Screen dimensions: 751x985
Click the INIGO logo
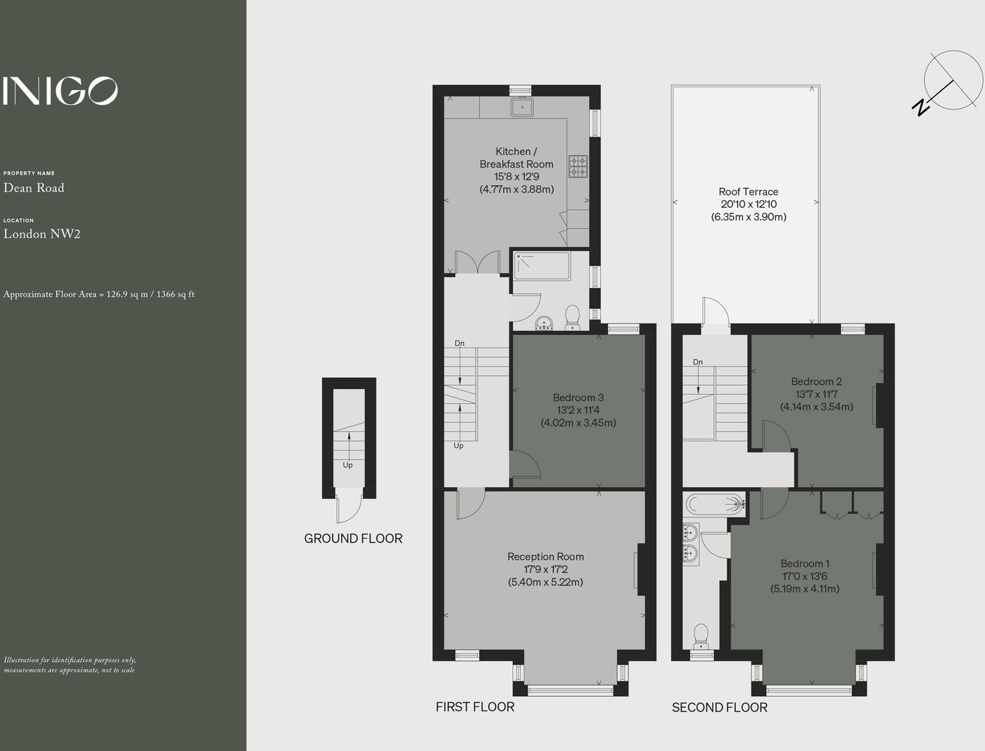pos(60,91)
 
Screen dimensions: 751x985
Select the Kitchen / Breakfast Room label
pos(516,158)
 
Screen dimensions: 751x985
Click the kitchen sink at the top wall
pos(522,107)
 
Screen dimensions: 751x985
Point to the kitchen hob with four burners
pos(578,165)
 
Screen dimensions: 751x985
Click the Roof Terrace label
pos(748,191)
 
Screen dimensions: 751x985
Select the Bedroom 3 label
pos(578,398)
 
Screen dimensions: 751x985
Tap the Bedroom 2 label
pos(816,381)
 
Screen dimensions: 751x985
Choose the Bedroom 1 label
pos(804,564)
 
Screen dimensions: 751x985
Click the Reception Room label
pos(545,557)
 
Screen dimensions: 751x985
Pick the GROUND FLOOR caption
pos(353,538)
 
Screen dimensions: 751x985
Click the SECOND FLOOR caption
pos(719,707)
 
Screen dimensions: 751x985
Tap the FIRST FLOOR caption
pos(475,707)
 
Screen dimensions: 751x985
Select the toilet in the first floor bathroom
pos(572,317)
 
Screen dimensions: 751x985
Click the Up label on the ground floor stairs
pos(348,465)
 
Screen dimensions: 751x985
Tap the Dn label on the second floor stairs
pos(697,362)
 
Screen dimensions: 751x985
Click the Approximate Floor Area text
pos(99,294)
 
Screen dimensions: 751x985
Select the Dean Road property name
pos(34,188)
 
